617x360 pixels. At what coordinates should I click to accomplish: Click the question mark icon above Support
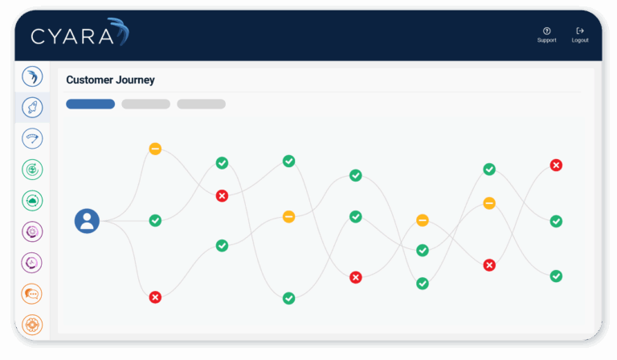546,31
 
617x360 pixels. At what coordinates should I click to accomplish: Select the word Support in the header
546,40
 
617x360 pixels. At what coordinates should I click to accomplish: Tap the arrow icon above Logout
580,31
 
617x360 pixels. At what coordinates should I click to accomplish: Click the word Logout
580,40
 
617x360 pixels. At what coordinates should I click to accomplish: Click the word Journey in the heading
137,80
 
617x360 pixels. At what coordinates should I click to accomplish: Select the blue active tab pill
90,104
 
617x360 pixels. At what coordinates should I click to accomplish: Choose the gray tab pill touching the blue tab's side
145,104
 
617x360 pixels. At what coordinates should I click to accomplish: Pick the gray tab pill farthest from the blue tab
201,104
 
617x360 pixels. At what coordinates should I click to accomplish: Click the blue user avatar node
87,221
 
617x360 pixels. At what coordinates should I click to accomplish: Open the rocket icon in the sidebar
33,107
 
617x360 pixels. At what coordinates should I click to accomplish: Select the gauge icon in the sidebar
33,138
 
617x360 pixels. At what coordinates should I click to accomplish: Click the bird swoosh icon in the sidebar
33,76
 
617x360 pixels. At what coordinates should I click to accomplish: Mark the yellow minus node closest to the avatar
155,149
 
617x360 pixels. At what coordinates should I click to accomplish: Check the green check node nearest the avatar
155,220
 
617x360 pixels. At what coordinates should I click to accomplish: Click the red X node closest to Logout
556,165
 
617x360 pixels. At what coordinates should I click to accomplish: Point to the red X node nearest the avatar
155,297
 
